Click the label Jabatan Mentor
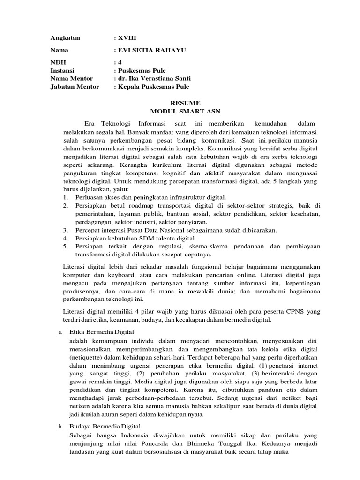75,86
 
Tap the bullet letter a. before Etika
60,332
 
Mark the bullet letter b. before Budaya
60,427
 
